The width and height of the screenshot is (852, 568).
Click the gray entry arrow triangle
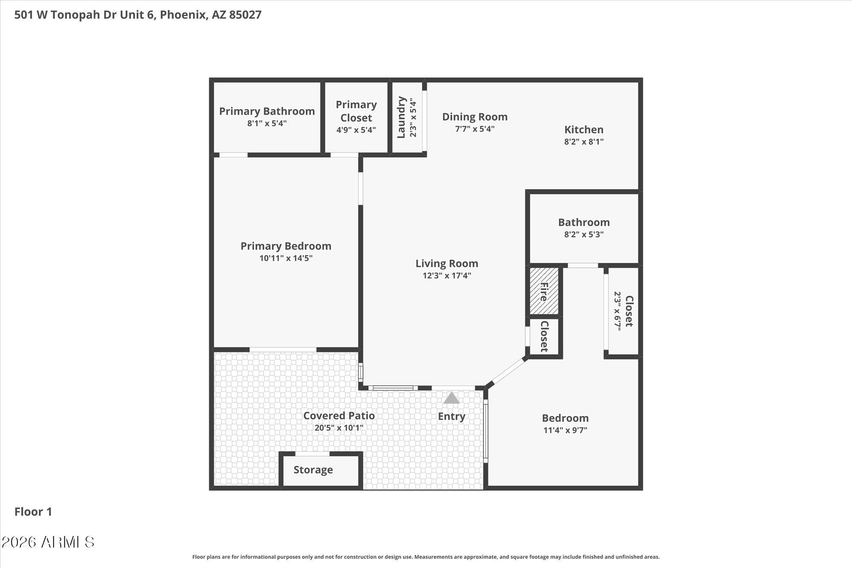click(451, 398)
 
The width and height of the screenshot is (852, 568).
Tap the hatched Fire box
click(544, 291)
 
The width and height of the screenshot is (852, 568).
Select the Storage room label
click(313, 470)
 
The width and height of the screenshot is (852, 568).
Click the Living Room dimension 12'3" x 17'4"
click(446, 276)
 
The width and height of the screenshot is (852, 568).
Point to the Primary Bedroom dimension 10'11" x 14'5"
click(286, 258)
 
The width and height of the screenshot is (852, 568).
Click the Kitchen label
click(584, 130)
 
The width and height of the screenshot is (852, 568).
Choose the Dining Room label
click(475, 117)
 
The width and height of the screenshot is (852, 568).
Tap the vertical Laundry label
click(401, 117)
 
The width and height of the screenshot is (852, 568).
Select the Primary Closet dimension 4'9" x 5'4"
click(356, 130)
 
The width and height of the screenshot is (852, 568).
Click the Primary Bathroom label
click(267, 111)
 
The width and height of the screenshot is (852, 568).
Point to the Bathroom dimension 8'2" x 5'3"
click(584, 234)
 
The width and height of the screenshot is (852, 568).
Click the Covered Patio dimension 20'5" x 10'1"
click(339, 428)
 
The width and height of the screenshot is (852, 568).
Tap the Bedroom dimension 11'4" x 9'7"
click(565, 430)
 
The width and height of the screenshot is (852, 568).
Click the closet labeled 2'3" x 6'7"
click(623, 311)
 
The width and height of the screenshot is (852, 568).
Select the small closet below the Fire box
click(544, 336)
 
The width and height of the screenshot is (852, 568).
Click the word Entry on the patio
click(451, 416)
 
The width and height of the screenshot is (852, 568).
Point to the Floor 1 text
click(33, 512)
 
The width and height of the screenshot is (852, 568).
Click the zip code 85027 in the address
click(245, 15)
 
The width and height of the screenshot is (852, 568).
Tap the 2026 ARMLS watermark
click(48, 542)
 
